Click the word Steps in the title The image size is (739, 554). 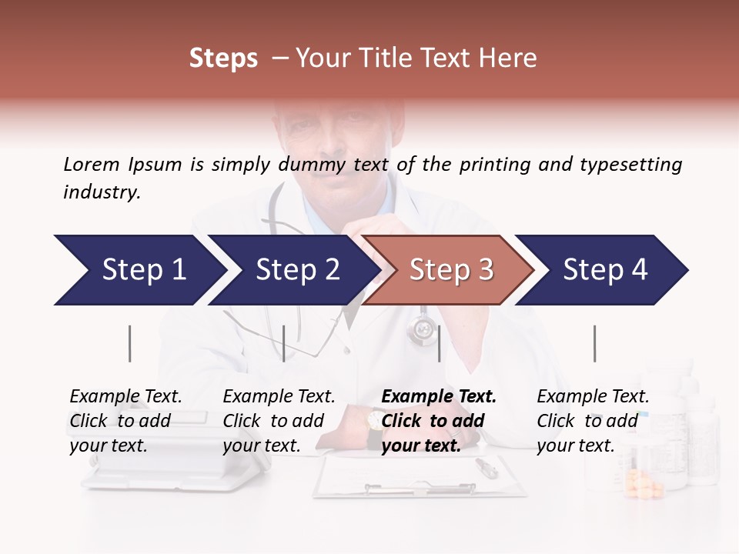(223, 58)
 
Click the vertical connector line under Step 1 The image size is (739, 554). (129, 343)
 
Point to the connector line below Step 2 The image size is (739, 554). (284, 343)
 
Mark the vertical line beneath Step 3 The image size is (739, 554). (439, 343)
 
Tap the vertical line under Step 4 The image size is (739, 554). (594, 343)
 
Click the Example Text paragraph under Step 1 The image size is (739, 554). (125, 421)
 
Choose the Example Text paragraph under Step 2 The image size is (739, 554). (279, 421)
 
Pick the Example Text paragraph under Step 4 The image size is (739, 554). (593, 421)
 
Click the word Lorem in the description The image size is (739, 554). (92, 164)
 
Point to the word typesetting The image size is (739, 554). (630, 164)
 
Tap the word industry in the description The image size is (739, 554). (102, 192)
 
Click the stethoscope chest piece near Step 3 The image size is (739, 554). (422, 331)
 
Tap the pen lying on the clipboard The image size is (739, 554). (487, 466)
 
